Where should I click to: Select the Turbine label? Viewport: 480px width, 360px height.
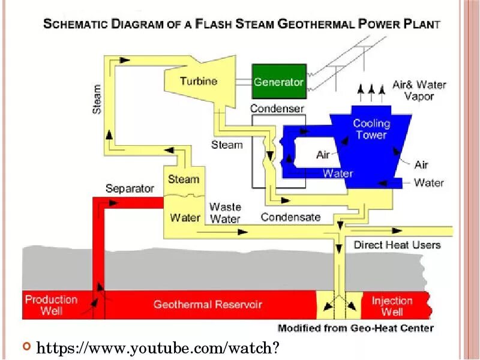pos(199,81)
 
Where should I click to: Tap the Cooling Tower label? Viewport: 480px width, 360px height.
pos(371,129)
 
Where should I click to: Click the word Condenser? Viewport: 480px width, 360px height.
pos(277,109)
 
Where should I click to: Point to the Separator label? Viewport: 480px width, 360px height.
pos(130,188)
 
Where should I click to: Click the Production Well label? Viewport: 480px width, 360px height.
pos(51,305)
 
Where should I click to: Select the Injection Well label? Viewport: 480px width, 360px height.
pos(392,306)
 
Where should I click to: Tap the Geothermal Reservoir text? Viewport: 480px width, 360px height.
pos(208,305)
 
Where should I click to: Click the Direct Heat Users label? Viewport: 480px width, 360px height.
pos(397,245)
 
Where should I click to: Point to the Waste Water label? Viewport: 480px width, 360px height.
pos(225,213)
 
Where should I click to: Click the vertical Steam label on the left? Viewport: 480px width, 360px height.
pos(97,99)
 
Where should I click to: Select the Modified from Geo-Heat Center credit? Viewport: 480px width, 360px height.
pos(355,328)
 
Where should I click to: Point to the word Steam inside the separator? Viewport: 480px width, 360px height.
pos(184,179)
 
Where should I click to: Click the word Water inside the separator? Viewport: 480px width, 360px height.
pos(185,217)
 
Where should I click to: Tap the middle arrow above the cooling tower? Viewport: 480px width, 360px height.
pos(371,91)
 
